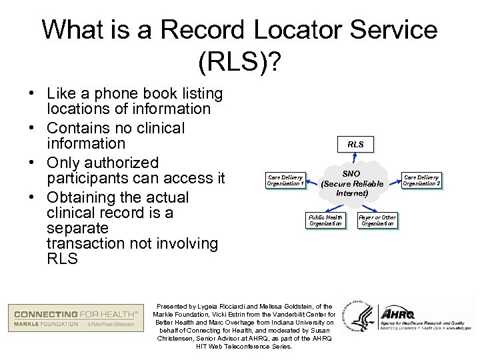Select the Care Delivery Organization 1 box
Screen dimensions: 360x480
[x=285, y=180]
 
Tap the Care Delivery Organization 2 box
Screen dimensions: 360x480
[x=421, y=180]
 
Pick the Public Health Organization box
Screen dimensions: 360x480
[x=326, y=221]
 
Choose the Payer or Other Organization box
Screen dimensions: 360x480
[x=377, y=221]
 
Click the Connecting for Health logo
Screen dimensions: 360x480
[x=73, y=318]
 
